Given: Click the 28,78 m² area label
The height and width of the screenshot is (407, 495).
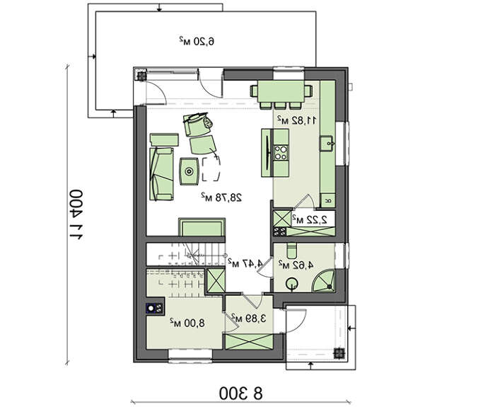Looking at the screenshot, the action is [222, 197].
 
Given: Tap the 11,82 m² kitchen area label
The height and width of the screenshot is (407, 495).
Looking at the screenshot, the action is [296, 120].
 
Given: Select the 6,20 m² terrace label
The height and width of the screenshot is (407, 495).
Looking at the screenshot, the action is [197, 41].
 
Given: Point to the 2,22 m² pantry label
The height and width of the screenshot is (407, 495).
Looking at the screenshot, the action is [309, 219].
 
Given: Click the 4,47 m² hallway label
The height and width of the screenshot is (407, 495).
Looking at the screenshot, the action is [245, 263].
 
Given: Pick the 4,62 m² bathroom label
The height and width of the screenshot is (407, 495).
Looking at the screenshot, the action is [296, 265].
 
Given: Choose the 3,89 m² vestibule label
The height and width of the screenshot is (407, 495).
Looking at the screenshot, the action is [248, 318].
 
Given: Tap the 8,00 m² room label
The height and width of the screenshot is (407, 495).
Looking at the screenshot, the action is [187, 323].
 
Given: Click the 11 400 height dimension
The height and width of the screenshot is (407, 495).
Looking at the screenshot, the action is [76, 215].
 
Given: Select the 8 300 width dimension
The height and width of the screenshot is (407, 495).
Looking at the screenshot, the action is [241, 394].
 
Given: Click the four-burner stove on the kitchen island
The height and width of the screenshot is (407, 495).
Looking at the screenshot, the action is [281, 152].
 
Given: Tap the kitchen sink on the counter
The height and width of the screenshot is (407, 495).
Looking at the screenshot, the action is [327, 144].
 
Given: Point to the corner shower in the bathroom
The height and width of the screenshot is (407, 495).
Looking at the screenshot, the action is [323, 280].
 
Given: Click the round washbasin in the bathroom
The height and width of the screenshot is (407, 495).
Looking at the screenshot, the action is [291, 283].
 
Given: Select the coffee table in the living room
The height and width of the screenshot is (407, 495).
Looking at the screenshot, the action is [189, 171].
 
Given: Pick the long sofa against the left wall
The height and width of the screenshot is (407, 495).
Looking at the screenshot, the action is [161, 173].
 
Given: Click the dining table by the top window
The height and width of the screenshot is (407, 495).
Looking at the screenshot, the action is [281, 91].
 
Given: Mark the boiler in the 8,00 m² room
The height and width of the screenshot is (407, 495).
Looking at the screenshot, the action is [155, 309].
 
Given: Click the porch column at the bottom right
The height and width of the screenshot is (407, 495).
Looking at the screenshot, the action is [339, 353].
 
